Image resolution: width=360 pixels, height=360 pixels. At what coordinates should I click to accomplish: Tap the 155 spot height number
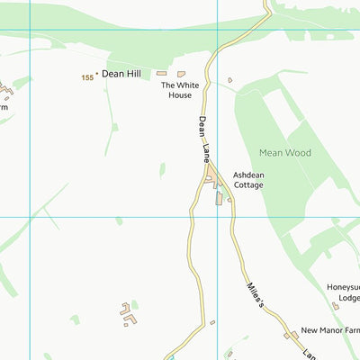pos(87,78)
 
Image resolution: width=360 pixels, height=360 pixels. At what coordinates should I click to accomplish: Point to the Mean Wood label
pos(284,153)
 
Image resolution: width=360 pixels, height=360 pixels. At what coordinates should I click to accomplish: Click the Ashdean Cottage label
pos(248,180)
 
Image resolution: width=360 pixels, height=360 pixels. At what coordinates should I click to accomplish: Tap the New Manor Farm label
pos(330,330)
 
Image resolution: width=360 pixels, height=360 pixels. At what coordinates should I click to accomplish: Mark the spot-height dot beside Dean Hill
pos(97,75)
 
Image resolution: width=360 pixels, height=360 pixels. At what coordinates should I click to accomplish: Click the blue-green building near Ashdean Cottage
pos(218,197)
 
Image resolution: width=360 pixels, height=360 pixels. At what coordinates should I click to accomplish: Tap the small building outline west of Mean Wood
pos(229,80)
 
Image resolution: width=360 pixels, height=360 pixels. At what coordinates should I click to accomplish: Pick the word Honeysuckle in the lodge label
pos(343,288)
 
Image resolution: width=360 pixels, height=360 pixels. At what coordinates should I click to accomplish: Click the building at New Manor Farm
pos(293,335)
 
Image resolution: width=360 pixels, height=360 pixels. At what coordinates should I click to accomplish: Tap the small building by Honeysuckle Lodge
pos(335,306)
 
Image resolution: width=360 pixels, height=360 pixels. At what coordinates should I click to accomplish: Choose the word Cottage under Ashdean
pos(248,185)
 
